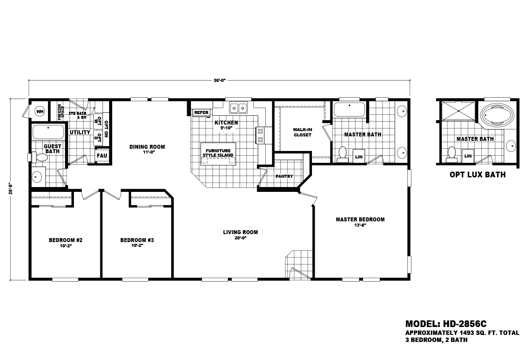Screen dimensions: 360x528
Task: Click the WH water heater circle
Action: tap(40, 112)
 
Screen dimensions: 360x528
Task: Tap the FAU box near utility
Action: tap(102, 156)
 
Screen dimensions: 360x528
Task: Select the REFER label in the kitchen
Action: tap(201, 113)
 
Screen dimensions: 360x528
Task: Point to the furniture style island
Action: tap(218, 153)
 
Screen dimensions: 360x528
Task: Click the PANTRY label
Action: tap(284, 176)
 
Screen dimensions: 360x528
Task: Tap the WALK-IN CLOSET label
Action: tap(302, 132)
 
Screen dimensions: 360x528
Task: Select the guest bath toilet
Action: tap(40, 157)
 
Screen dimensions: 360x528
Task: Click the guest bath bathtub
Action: tap(48, 132)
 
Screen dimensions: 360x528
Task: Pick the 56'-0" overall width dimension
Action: tap(219, 80)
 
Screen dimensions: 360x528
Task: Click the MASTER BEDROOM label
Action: tap(360, 220)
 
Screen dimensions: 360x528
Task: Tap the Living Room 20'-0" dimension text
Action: tap(240, 238)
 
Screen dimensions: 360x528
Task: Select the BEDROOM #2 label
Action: tap(66, 240)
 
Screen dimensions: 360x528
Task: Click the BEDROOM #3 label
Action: tap(137, 240)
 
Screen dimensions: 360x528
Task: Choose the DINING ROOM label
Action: tap(147, 147)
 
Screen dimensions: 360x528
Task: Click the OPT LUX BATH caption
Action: tap(477, 175)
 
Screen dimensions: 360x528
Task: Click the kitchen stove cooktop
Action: tap(260, 136)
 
